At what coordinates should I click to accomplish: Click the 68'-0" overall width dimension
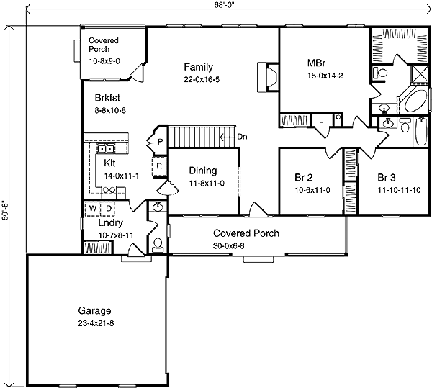pyautogui.click(x=225, y=6)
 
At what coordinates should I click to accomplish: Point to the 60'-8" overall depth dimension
pyautogui.click(x=6, y=211)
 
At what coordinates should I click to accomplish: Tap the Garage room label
pyautogui.click(x=95, y=311)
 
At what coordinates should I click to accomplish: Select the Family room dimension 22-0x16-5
pyautogui.click(x=202, y=80)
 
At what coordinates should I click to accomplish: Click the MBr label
pyautogui.click(x=316, y=63)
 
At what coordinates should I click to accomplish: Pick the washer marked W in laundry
pyautogui.click(x=93, y=209)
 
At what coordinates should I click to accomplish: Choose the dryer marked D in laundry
pyautogui.click(x=108, y=209)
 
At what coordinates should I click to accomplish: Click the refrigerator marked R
pyautogui.click(x=159, y=166)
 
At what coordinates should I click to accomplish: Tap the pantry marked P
pyautogui.click(x=160, y=142)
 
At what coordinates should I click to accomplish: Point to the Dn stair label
pyautogui.click(x=242, y=137)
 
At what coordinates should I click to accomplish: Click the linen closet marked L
pyautogui.click(x=321, y=120)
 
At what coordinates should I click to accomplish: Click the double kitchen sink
pyautogui.click(x=106, y=149)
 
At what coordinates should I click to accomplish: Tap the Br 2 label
pyautogui.click(x=304, y=177)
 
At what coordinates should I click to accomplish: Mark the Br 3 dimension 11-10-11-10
pyautogui.click(x=399, y=190)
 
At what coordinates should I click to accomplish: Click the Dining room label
pyautogui.click(x=203, y=171)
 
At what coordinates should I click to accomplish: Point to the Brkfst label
pyautogui.click(x=107, y=98)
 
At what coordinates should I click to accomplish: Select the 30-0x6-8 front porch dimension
pyautogui.click(x=229, y=246)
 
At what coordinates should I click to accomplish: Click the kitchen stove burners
pyautogui.click(x=109, y=190)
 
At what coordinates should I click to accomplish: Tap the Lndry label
pyautogui.click(x=110, y=223)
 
